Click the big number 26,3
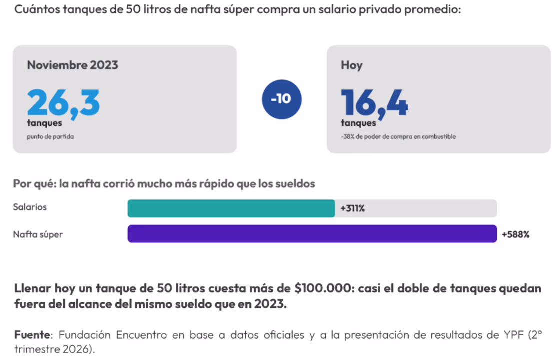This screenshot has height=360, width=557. click(63, 104)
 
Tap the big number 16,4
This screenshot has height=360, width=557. click(375, 104)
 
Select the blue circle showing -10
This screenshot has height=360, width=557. click(282, 99)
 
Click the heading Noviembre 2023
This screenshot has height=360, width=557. click(73, 65)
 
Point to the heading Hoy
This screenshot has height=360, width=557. click(352, 65)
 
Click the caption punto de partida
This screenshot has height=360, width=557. click(51, 137)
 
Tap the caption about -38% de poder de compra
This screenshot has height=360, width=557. click(398, 137)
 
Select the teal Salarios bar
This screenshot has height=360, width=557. click(231, 208)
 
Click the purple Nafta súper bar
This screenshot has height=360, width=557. click(312, 234)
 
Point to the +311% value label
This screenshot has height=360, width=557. click(352, 208)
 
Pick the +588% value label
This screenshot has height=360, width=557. click(516, 234)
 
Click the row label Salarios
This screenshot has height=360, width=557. click(30, 207)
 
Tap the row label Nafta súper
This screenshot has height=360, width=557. click(38, 234)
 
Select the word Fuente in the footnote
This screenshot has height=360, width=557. click(32, 335)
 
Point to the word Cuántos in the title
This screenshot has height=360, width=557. click(37, 9)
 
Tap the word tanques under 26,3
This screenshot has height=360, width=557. click(45, 123)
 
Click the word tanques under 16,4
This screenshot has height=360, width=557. click(359, 123)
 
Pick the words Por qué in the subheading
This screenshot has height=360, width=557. click(35, 184)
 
